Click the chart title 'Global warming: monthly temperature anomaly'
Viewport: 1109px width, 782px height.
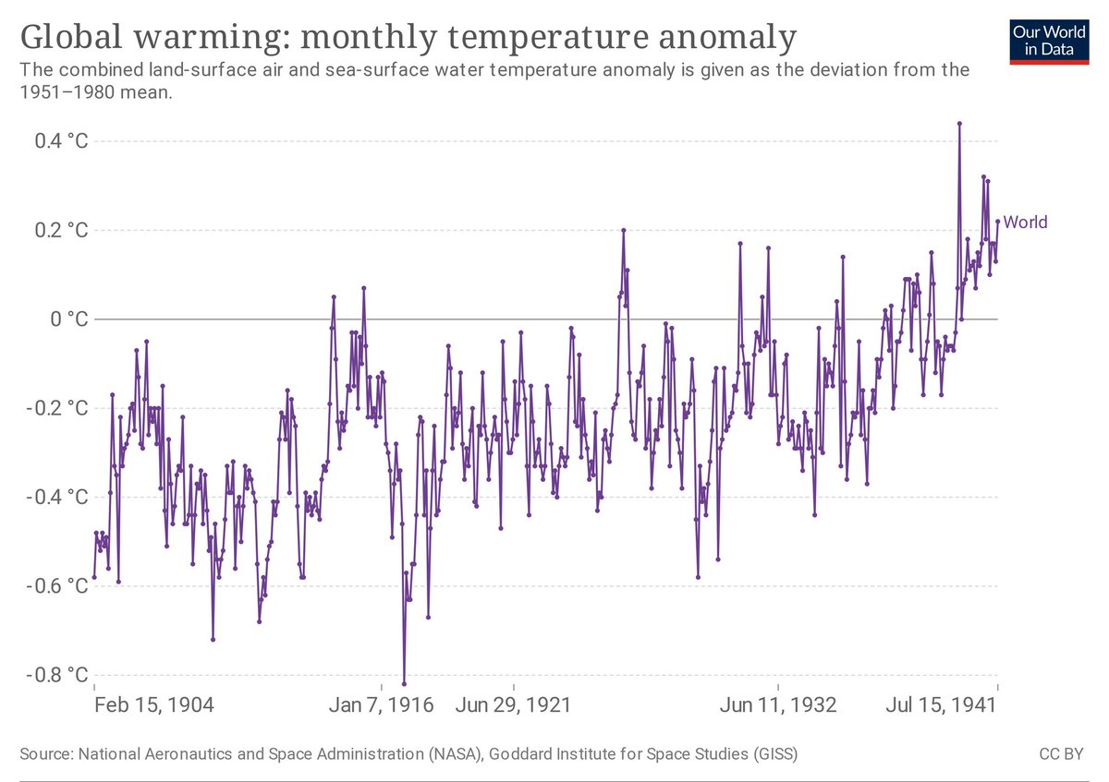tap(408, 38)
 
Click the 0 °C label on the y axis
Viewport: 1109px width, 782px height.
tap(69, 319)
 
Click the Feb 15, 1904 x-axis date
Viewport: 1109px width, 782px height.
tap(155, 706)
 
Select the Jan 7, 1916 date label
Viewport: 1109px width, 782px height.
tap(380, 706)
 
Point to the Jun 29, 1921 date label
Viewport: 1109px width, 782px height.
tap(514, 706)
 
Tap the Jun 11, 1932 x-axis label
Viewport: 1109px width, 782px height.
tap(778, 706)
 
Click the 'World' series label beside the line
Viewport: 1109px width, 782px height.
tap(1026, 222)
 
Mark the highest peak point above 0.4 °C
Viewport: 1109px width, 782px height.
tap(959, 123)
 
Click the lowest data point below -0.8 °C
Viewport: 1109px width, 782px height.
tap(404, 683)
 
